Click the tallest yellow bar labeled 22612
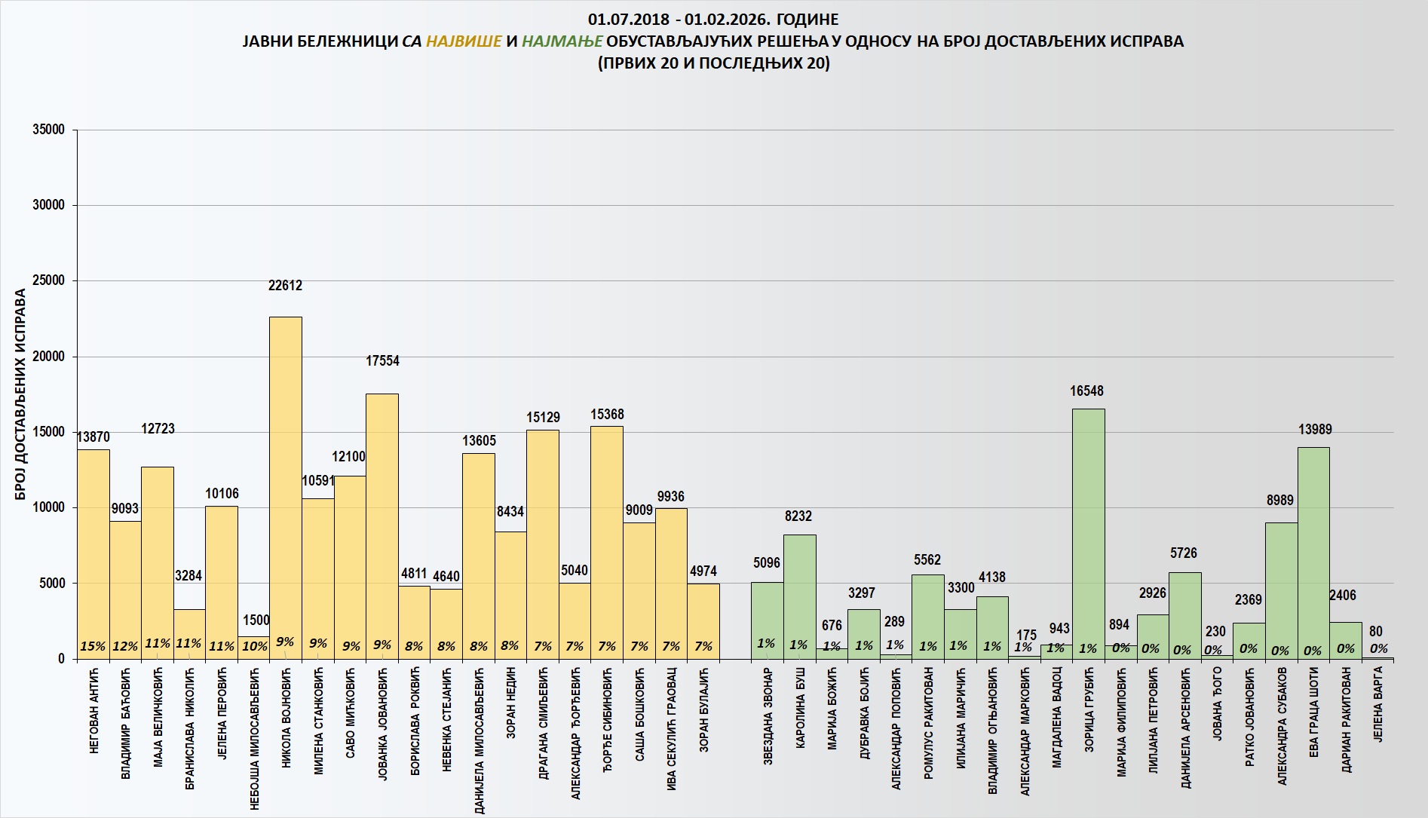pos(286,483)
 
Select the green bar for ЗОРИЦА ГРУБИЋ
pos(1088,528)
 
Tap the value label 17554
pos(382,361)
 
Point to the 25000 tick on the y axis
pos(49,281)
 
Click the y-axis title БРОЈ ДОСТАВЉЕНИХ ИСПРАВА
pos(21,394)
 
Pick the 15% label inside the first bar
pos(93,646)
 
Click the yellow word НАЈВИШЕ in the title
pos(464,41)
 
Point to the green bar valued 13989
pos(1313,550)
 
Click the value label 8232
pos(798,516)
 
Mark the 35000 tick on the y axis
pos(49,130)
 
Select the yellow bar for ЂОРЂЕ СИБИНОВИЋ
pos(607,535)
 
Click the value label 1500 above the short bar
pos(256,620)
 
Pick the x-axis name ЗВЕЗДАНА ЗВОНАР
pos(768,716)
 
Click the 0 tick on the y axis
pos(62,659)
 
